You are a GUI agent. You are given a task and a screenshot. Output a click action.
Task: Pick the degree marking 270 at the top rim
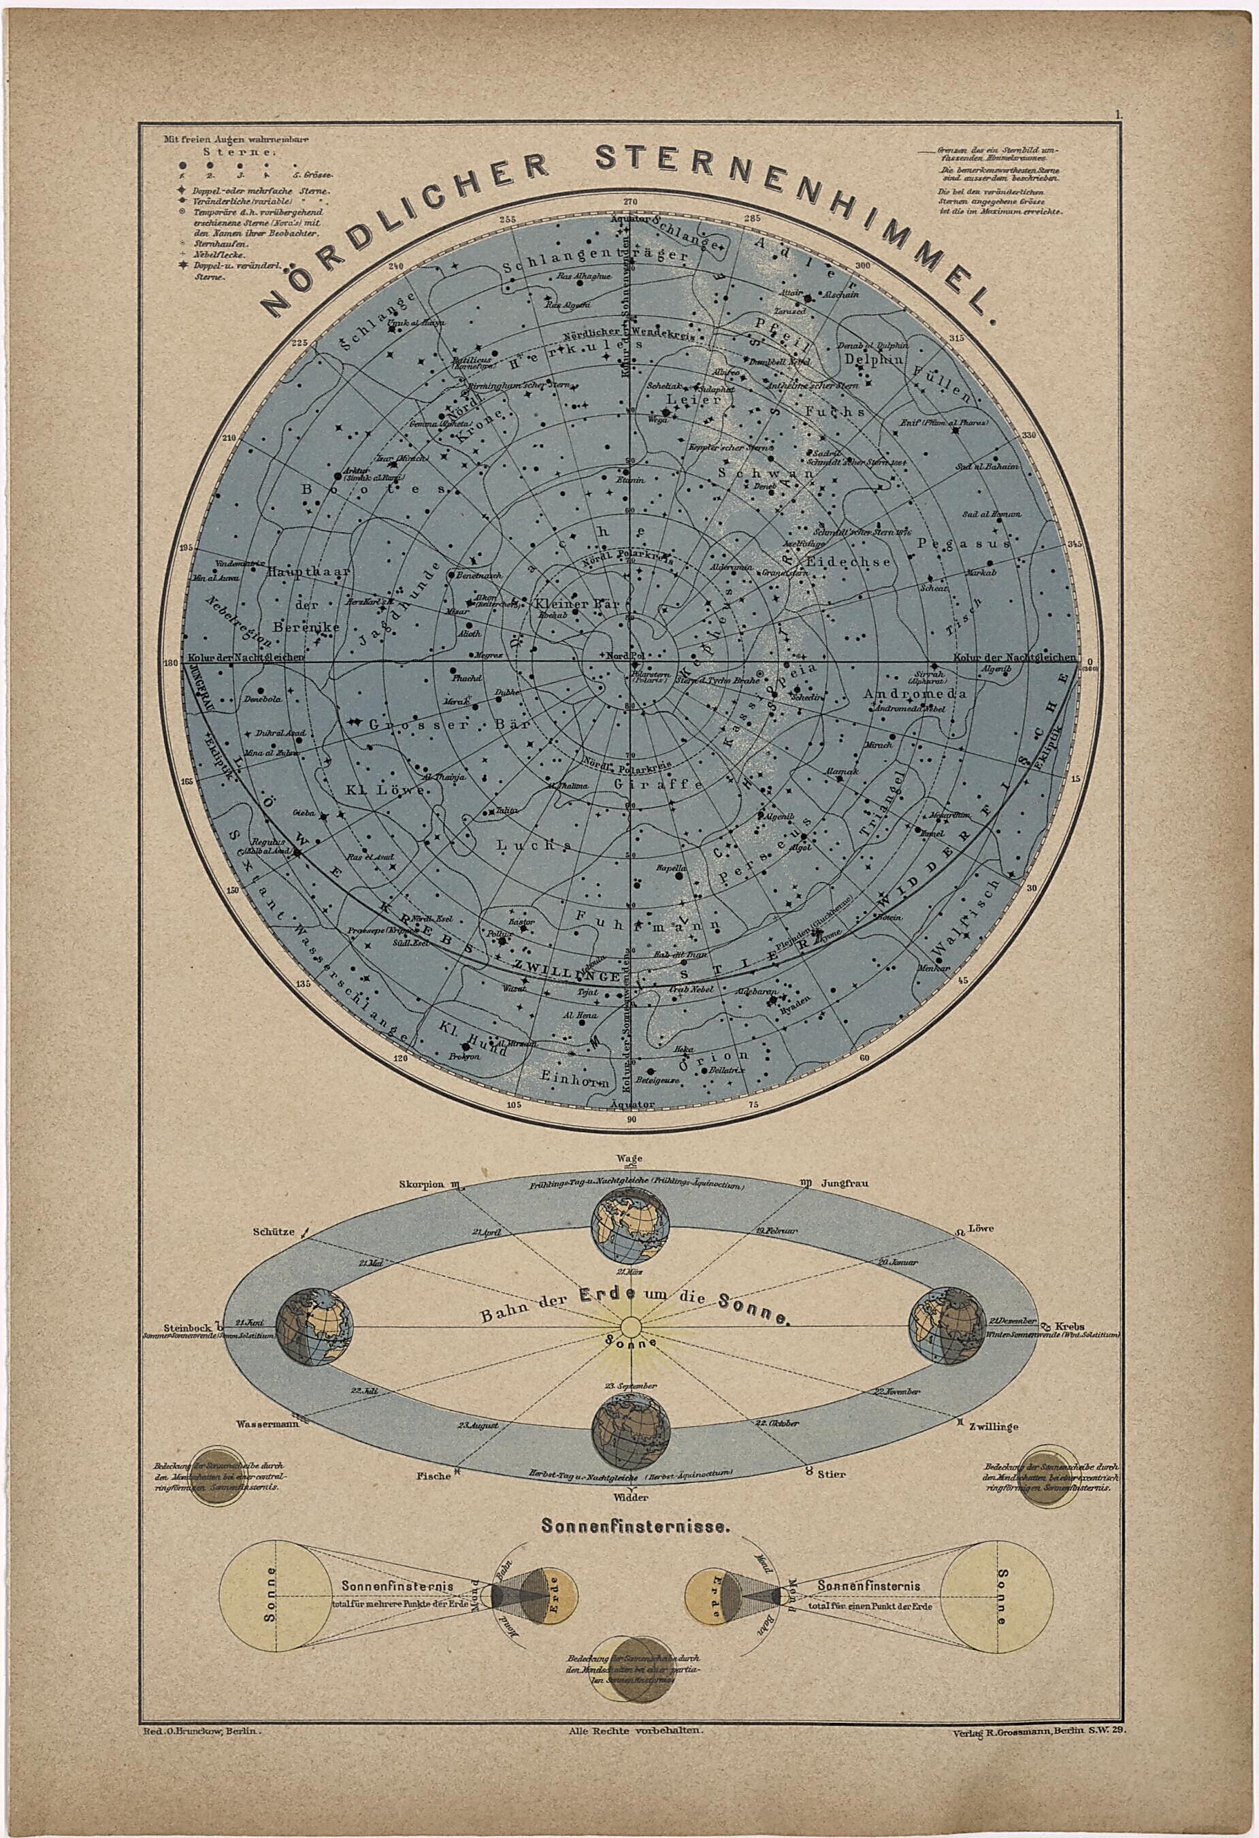(630, 203)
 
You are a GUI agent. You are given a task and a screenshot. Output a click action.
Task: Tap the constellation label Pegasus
(963, 544)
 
